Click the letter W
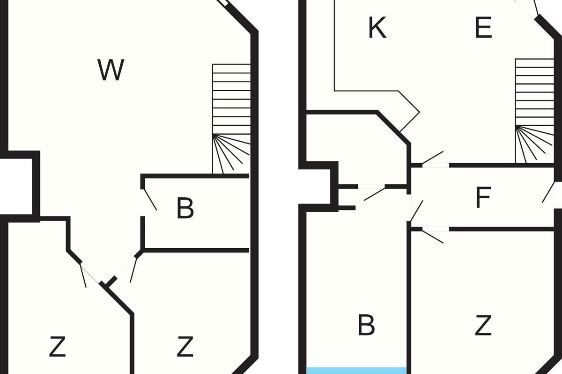111,70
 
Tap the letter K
377,28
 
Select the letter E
483,28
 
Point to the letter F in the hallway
483,198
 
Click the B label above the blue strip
366,325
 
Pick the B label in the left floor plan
185,209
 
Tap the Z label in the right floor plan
483,325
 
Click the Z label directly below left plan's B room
185,347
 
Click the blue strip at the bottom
356,371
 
